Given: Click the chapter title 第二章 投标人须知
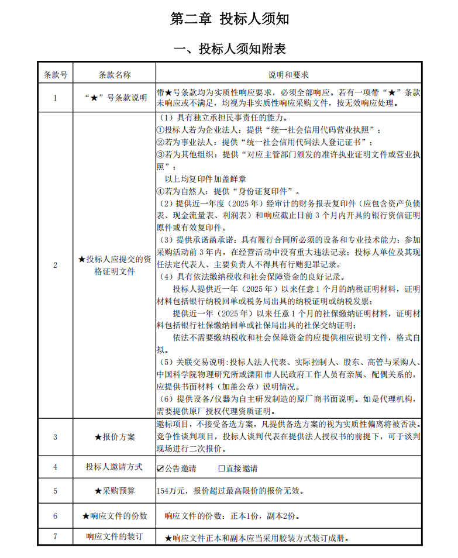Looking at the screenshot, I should [x=229, y=19].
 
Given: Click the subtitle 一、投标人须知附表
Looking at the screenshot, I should [x=229, y=49].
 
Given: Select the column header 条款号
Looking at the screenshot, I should [x=56, y=75].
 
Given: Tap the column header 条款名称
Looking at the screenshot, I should [x=115, y=75].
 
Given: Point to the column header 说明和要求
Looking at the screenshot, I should [x=288, y=75].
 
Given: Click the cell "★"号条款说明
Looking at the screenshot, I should [x=115, y=98].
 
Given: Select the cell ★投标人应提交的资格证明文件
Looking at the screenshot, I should [x=115, y=265].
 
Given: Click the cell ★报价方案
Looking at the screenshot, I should [x=115, y=437].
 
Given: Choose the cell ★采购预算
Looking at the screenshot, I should [x=115, y=490].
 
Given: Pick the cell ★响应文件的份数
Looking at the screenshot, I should [x=115, y=516].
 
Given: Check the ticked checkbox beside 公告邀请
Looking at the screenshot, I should [x=160, y=468].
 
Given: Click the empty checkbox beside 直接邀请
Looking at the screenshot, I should [x=222, y=468].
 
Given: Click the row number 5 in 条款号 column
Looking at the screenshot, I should [x=56, y=490].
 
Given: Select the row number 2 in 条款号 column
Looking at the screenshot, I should [x=56, y=265].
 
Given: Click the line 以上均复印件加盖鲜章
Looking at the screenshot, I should [x=205, y=178].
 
